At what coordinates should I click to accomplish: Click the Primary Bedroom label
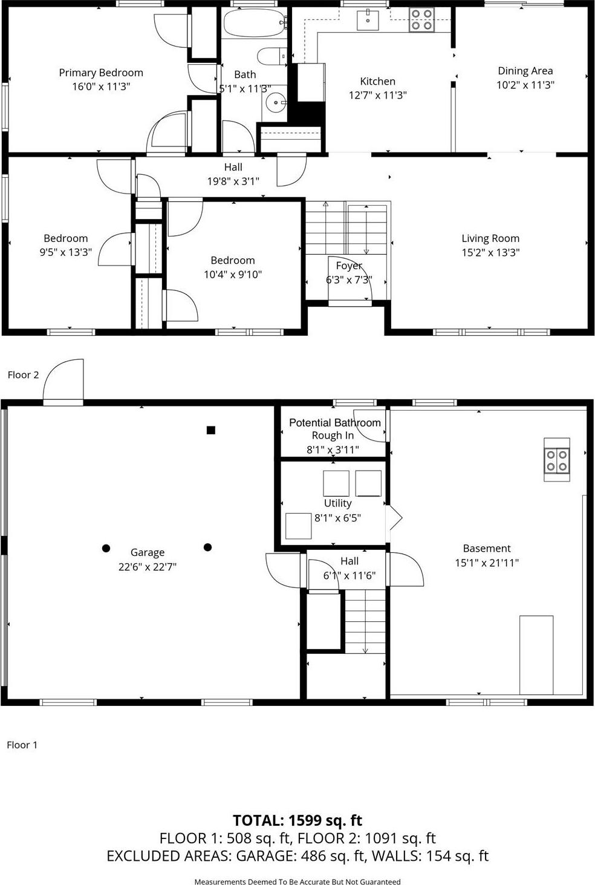tap(101, 73)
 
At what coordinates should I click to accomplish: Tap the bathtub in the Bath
tap(254, 23)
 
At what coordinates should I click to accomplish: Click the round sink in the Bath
tap(276, 103)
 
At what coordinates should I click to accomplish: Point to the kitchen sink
tap(368, 19)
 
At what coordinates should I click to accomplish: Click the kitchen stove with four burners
tap(421, 19)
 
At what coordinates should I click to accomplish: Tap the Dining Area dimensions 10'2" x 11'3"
tap(525, 85)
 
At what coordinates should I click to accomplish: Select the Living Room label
tap(490, 238)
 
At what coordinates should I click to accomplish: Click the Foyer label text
tap(349, 266)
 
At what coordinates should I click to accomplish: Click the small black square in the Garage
tap(211, 430)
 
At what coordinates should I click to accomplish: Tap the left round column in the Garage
tap(106, 548)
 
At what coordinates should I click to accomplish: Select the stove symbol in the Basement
tap(556, 460)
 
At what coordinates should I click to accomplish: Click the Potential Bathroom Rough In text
tap(334, 429)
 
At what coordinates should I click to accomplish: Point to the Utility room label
tap(337, 503)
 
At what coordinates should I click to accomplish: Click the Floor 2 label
tap(23, 375)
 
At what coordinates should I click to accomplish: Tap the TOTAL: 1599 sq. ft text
tap(297, 820)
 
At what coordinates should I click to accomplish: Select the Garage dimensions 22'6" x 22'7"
tap(148, 567)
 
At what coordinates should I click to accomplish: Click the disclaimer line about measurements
tap(297, 881)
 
